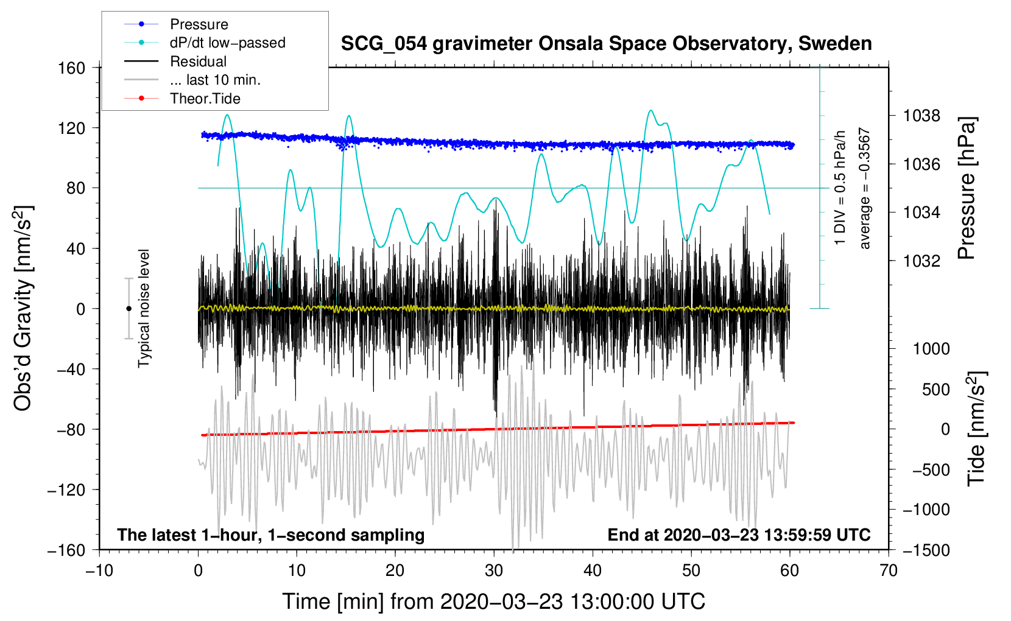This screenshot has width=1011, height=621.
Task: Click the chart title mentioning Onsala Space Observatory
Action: (606, 44)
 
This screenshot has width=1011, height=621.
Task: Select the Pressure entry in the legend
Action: (199, 24)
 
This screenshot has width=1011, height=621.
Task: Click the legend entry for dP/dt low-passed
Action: (227, 43)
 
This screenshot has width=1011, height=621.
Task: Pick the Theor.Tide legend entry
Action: (205, 99)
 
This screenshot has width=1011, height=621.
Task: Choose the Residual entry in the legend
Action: (198, 61)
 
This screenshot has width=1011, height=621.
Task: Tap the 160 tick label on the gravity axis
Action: (71, 68)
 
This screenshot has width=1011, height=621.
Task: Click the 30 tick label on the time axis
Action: (494, 570)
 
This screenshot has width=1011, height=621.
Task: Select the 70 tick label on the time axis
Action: (889, 570)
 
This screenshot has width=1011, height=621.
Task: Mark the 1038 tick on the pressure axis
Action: (921, 116)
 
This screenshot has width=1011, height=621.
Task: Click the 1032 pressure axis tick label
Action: (921, 261)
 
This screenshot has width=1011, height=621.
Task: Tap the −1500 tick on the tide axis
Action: (926, 550)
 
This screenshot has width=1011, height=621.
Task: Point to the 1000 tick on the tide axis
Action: (931, 349)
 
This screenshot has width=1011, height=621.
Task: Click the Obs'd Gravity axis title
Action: (23, 309)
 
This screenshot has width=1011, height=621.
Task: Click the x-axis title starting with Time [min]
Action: (493, 602)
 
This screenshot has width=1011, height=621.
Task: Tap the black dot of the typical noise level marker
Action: (129, 309)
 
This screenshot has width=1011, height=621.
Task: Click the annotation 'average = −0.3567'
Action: (865, 189)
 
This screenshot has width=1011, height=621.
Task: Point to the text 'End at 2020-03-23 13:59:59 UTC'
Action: (739, 535)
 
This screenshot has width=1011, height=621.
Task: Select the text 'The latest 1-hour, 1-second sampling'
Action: (270, 535)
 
